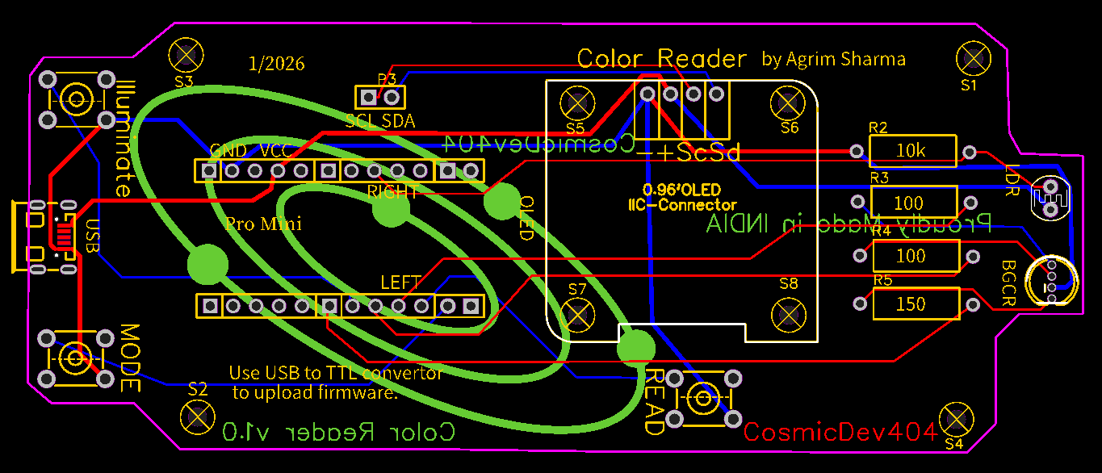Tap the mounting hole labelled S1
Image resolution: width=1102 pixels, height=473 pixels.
point(973,58)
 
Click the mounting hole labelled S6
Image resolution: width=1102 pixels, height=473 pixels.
point(787,103)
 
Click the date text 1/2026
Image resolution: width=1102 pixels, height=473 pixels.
point(277,64)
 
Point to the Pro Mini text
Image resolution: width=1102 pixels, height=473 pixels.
point(263,224)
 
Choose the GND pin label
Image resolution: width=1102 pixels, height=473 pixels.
point(228,151)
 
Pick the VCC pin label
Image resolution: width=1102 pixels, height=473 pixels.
point(276,151)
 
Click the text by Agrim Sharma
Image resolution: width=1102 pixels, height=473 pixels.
point(833,59)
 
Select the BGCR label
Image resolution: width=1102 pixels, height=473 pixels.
point(1009,282)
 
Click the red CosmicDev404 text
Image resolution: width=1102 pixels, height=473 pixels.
point(840,432)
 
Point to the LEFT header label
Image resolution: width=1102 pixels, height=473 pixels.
point(401,283)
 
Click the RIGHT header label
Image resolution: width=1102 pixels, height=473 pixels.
point(392,192)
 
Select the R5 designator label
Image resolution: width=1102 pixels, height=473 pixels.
point(882,280)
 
